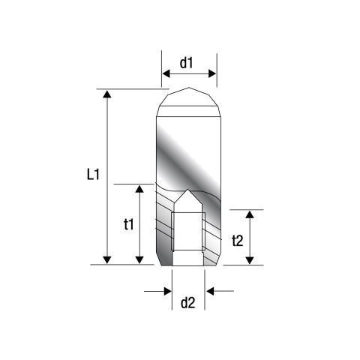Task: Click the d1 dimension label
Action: tap(187, 63)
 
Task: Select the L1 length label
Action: tap(93, 174)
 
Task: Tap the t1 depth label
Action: tap(129, 224)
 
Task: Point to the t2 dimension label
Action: tap(237, 241)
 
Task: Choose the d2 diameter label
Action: tap(187, 303)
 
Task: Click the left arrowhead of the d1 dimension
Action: tap(166, 73)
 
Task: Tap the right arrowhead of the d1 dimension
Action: tap(212, 73)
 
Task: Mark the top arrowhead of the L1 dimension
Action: tap(107, 94)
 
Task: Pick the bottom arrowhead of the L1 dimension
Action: tap(107, 260)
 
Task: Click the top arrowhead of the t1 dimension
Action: tap(139, 189)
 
